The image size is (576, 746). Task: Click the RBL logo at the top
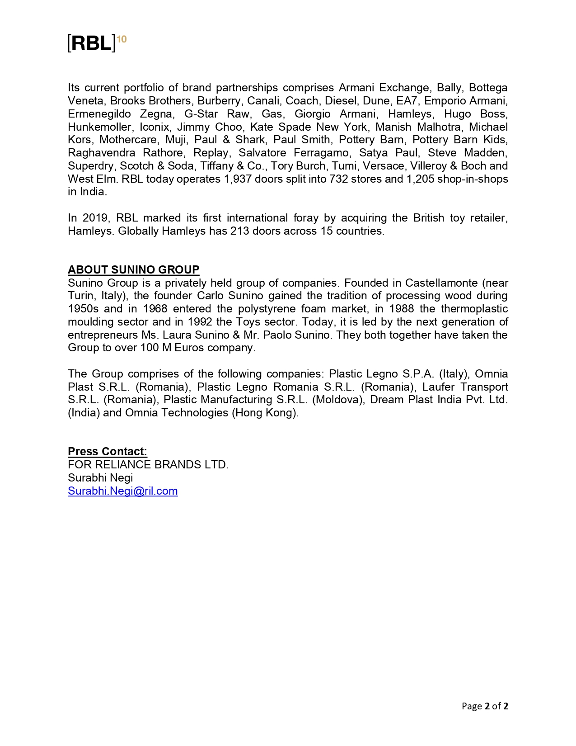91,43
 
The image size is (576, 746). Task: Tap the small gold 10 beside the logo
122,39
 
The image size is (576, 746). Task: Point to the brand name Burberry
219,101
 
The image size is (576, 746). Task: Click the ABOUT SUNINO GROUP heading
133,270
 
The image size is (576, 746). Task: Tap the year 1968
155,309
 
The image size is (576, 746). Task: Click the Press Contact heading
108,452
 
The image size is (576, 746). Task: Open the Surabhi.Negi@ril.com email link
122,491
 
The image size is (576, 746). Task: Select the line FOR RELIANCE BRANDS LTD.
148,465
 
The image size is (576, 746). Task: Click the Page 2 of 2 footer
485,706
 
